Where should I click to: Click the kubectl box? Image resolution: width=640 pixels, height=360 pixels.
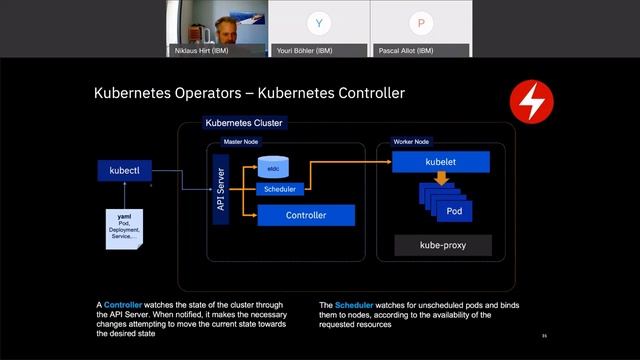pyautogui.click(x=123, y=171)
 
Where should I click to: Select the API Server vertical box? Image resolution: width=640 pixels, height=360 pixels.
pyautogui.click(x=221, y=190)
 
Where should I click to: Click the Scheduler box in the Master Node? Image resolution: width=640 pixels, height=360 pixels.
pyautogui.click(x=280, y=189)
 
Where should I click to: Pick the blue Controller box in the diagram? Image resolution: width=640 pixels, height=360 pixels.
pyautogui.click(x=306, y=215)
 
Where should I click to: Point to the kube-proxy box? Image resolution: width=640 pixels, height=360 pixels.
pyautogui.click(x=444, y=244)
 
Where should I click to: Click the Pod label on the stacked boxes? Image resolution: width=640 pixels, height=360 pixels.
pyautogui.click(x=454, y=212)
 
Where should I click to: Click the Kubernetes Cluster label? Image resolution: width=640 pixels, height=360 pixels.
pyautogui.click(x=244, y=123)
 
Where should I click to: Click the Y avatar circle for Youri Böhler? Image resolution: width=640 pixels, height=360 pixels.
pyautogui.click(x=319, y=22)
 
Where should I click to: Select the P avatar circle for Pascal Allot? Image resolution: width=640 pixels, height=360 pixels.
pyautogui.click(x=421, y=22)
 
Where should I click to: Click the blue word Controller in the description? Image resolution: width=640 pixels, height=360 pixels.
pyautogui.click(x=123, y=304)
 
